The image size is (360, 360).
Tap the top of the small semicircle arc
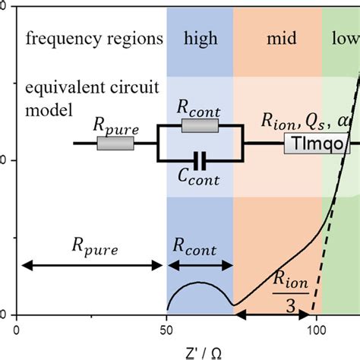pyautogui.click(x=198, y=282)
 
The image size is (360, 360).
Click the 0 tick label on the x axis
pyautogui.click(x=16, y=329)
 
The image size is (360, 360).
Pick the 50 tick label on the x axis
pyautogui.click(x=166, y=329)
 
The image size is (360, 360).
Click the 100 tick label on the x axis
pyautogui.click(x=316, y=329)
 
